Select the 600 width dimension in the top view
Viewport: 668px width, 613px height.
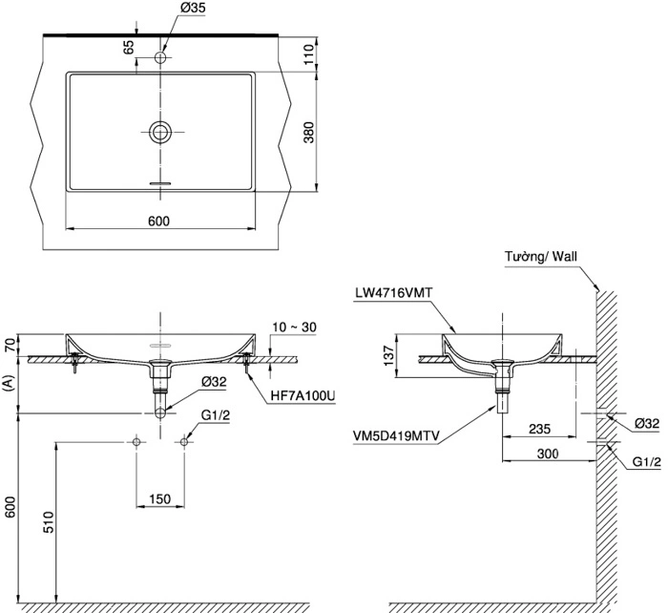(x=158, y=221)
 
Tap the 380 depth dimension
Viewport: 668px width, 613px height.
(x=308, y=133)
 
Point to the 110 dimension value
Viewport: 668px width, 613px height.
(x=308, y=53)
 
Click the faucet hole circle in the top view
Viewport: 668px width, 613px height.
(x=160, y=59)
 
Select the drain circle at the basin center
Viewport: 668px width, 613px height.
(x=160, y=132)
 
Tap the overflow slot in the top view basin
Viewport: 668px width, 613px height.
(x=160, y=180)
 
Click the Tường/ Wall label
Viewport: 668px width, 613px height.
(x=543, y=256)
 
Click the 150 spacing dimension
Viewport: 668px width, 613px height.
(x=160, y=498)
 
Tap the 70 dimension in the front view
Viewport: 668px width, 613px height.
(x=10, y=345)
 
